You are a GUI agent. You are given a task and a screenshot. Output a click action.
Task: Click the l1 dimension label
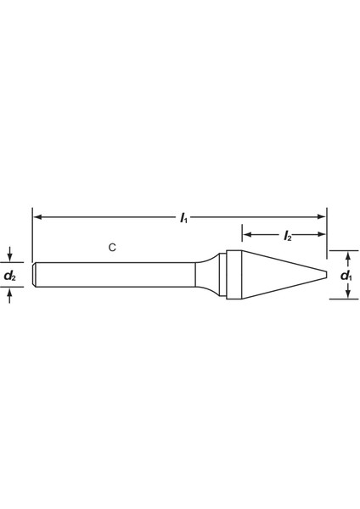coord(184,218)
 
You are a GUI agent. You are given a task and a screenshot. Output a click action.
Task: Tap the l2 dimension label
coord(288,235)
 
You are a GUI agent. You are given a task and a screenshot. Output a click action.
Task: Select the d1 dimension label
coord(346,276)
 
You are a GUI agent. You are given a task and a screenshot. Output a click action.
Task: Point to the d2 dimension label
coord(9,276)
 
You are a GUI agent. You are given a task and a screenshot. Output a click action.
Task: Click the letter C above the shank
coord(112,248)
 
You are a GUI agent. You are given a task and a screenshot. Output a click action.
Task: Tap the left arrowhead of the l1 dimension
coord(37,217)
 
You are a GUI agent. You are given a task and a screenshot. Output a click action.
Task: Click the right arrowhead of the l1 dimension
coord(321,217)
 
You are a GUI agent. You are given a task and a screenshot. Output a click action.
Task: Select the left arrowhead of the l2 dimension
coord(247,234)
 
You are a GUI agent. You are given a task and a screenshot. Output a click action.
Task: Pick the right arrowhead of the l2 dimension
coord(321,234)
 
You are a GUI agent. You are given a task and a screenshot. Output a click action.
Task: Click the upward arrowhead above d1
coord(348,256)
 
